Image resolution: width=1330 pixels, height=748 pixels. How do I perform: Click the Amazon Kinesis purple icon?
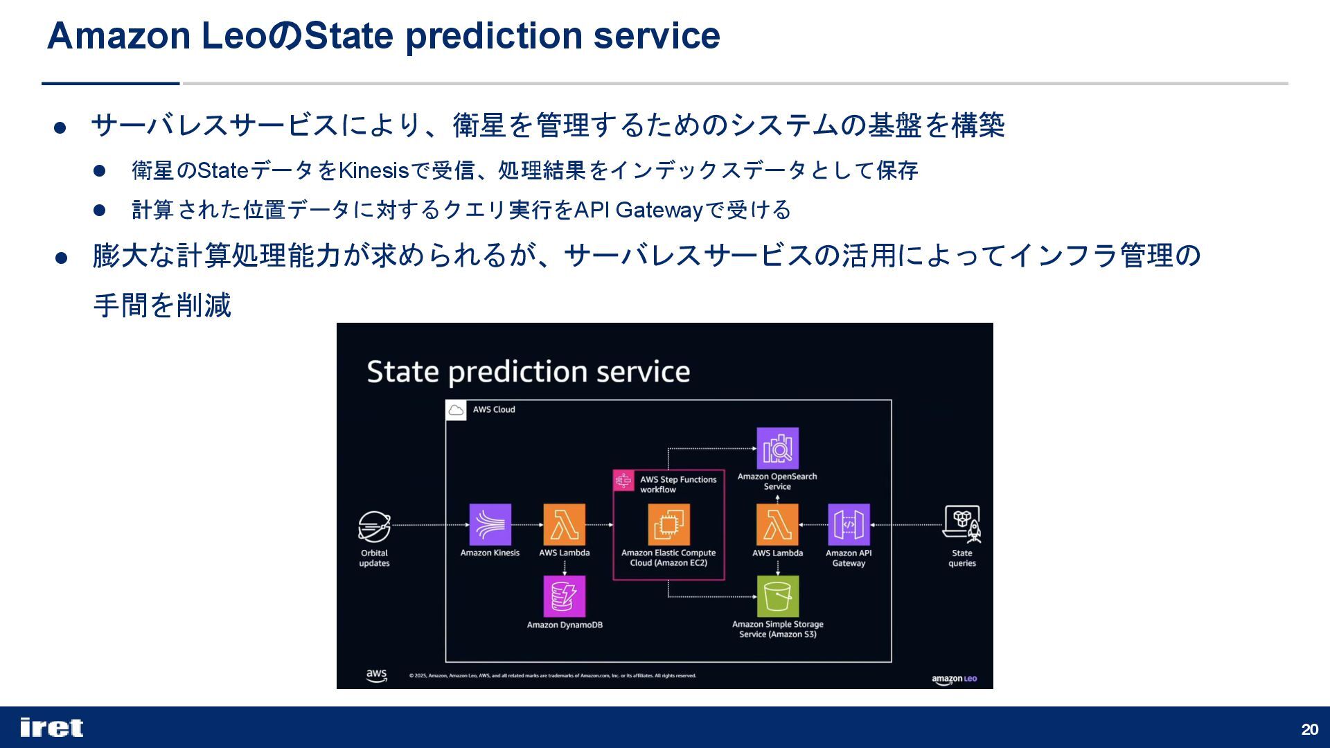pos(490,524)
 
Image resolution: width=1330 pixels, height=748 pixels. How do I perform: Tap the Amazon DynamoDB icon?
pos(565,596)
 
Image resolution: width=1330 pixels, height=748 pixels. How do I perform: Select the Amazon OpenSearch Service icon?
pos(777,448)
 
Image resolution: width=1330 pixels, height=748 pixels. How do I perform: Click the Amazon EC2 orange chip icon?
pos(668,524)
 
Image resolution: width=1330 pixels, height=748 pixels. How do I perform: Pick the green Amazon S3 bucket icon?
pos(777,596)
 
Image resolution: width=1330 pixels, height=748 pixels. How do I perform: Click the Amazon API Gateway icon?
pos(849,524)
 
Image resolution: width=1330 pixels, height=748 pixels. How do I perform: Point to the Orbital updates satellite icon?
pos(374,526)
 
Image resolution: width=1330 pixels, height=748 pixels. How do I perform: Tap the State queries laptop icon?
pos(962,524)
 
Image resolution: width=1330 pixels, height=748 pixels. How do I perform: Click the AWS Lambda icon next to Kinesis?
pos(565,524)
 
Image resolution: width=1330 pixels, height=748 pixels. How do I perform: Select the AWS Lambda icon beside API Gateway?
pos(777,524)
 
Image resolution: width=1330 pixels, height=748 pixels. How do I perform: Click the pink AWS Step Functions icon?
pos(623,480)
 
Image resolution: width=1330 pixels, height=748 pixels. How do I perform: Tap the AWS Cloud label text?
pos(494,409)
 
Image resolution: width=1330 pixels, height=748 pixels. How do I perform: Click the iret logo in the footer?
pos(52,727)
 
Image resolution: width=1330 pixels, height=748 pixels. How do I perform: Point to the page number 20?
pos(1309,729)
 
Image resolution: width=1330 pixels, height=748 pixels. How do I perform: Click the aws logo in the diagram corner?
pos(376,675)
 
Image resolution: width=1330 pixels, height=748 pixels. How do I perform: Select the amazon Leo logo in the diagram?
pos(954,679)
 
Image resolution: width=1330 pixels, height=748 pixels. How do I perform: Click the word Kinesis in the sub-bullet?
pos(374,170)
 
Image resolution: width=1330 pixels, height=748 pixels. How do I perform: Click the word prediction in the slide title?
pos(493,36)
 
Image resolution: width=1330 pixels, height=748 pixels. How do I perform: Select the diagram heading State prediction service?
pos(529,372)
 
